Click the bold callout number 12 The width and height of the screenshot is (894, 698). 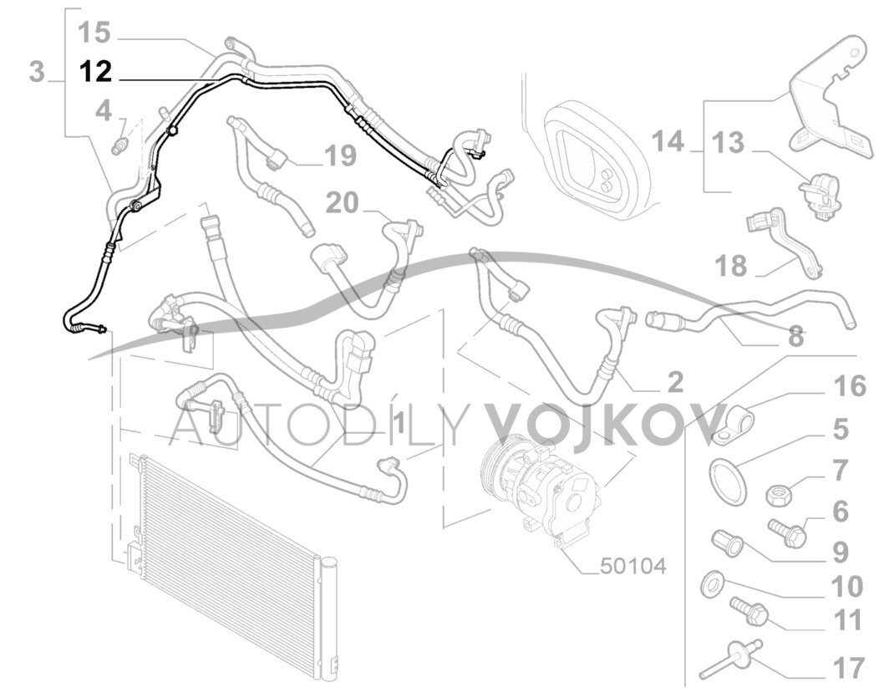pos(95,72)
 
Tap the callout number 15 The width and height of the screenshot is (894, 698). pos(94,33)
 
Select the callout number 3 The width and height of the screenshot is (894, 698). pos(37,71)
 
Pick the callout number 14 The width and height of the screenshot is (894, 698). pos(668,141)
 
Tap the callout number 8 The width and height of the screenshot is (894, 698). pos(795,337)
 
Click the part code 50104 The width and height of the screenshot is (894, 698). pos(633,567)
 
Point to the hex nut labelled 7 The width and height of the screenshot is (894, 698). pos(778,494)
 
